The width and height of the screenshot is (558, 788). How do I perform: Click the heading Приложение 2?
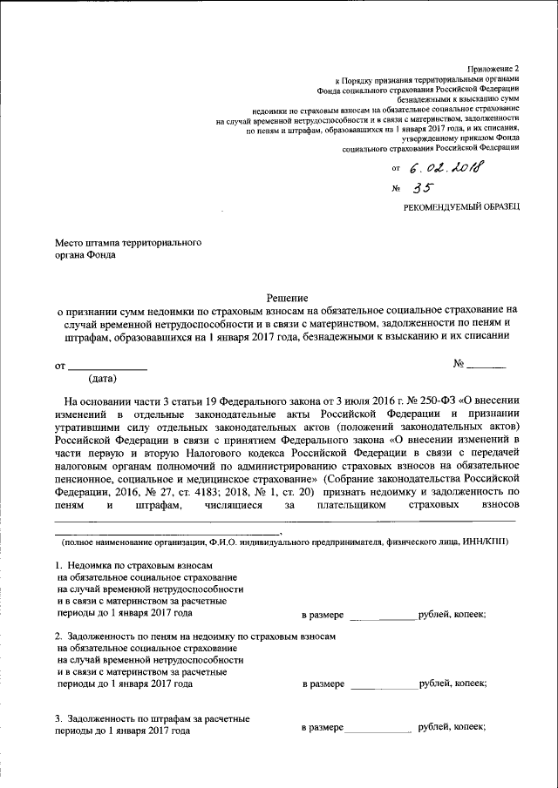pyautogui.click(x=493, y=67)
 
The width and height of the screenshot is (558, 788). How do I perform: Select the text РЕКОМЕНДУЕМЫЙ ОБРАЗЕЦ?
pyautogui.click(x=461, y=205)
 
